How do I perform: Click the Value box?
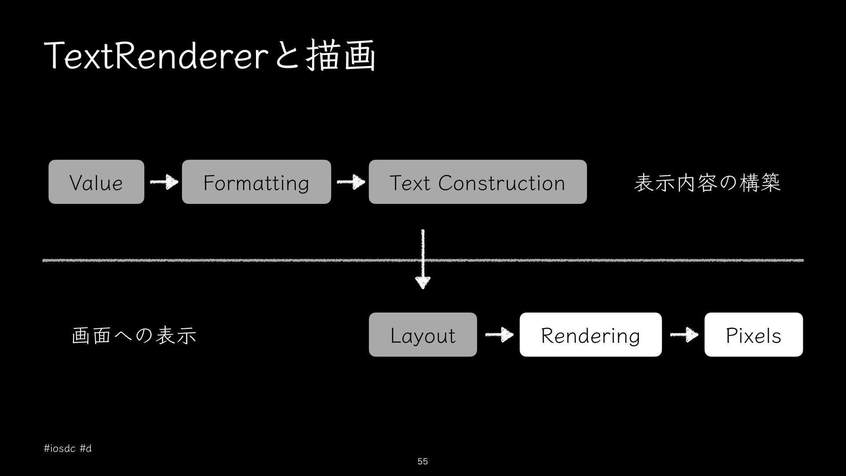point(96,182)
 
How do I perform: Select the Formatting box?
point(256,182)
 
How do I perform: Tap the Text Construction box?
point(478,182)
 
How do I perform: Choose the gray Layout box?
point(423,335)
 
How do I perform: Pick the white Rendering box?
point(590,335)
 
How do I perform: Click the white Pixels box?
point(753,335)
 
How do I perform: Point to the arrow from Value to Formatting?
point(164,182)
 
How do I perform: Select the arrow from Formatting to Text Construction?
point(351,182)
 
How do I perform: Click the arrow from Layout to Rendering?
point(499,335)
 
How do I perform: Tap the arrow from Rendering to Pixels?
point(684,335)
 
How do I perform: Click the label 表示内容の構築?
point(707,182)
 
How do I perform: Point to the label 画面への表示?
point(134,335)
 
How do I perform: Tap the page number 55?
point(423,461)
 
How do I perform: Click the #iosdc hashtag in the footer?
point(60,449)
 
